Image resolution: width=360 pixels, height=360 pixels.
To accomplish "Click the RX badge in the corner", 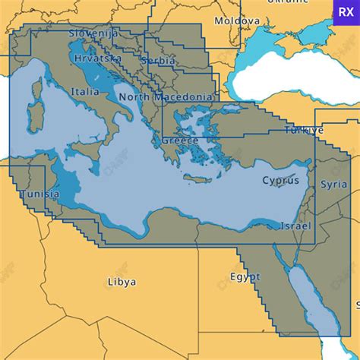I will (x=346, y=13).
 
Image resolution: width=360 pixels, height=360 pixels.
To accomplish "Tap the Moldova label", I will (x=237, y=21).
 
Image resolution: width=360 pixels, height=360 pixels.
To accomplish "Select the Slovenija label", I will (x=93, y=33).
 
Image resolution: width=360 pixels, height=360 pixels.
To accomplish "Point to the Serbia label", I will (x=159, y=61).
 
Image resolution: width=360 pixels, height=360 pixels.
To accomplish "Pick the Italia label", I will (x=84, y=91).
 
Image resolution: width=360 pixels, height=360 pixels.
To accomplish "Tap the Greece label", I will (x=180, y=141).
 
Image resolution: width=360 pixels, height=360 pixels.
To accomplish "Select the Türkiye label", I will (x=304, y=130).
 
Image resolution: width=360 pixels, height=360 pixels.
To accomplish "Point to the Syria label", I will (x=334, y=184).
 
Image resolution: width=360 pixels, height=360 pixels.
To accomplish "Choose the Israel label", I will (x=295, y=226).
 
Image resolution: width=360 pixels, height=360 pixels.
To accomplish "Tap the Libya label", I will (x=122, y=281).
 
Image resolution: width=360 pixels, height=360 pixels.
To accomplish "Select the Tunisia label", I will (x=39, y=194).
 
